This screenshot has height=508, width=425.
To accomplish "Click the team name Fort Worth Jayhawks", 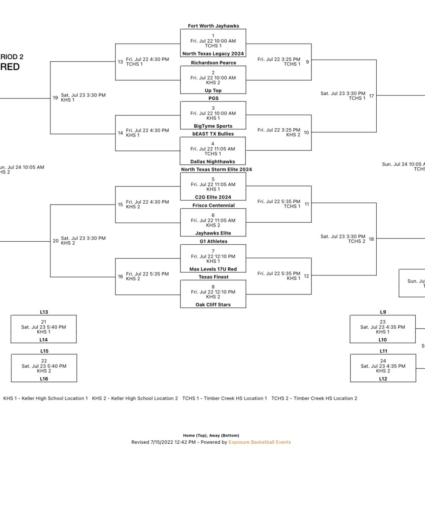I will [213, 26].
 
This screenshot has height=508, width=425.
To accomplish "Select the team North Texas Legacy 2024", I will [213, 54].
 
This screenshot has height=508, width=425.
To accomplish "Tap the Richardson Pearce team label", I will [213, 63].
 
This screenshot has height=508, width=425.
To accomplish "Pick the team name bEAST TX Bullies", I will [213, 134].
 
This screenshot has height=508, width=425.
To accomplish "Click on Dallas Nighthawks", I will [212, 162].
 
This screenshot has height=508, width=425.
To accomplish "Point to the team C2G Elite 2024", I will [213, 197].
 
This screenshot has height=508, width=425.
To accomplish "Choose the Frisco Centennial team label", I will [213, 205].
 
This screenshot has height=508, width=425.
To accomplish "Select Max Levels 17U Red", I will [213, 269].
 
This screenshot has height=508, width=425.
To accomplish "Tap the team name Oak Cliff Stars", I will [213, 305].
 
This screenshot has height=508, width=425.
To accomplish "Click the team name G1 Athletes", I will [213, 241].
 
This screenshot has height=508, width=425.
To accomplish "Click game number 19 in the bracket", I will [55, 98].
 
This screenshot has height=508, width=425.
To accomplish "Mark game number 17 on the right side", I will [371, 96].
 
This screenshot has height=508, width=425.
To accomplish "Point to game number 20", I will [55, 241].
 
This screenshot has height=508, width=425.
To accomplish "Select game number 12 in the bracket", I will [306, 276].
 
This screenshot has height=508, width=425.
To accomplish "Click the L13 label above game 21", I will [44, 312].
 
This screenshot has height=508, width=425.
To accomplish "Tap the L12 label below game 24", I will [383, 379].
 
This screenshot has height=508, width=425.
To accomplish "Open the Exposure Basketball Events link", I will [259, 442].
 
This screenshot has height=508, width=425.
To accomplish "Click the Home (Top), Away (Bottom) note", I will [211, 435].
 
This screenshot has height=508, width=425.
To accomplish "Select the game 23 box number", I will [383, 322].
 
